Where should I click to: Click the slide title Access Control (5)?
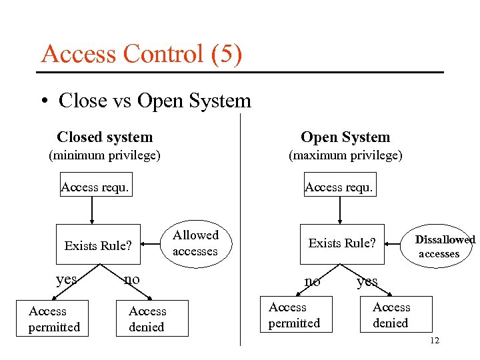(x=141, y=53)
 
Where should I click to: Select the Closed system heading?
(x=105, y=137)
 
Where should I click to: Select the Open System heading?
(x=345, y=137)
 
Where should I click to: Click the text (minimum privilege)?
(x=105, y=156)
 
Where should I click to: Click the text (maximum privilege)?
(x=345, y=156)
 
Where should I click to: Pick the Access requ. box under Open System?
(x=339, y=187)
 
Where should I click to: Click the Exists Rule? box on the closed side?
(x=98, y=245)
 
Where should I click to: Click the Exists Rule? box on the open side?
(x=342, y=243)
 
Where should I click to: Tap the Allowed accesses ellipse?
(x=195, y=243)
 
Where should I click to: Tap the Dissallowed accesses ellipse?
(x=443, y=246)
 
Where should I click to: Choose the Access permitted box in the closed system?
(x=54, y=319)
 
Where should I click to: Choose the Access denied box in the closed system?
(x=148, y=319)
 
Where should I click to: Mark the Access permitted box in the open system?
(x=294, y=315)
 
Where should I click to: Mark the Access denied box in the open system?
(x=392, y=315)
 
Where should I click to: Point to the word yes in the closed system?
(x=67, y=279)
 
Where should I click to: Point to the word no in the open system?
(x=312, y=281)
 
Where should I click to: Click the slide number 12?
(x=435, y=341)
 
